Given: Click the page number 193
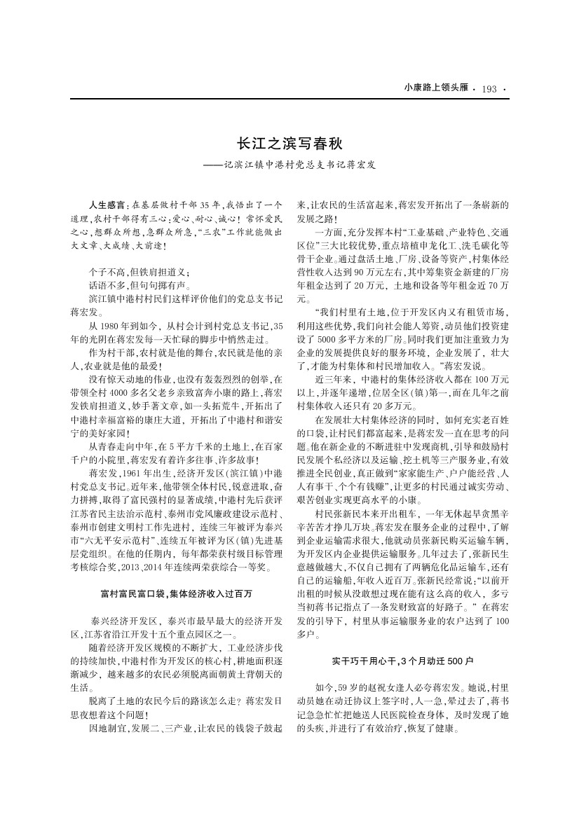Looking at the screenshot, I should click(x=489, y=89).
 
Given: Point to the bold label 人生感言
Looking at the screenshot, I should click(x=107, y=205).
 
